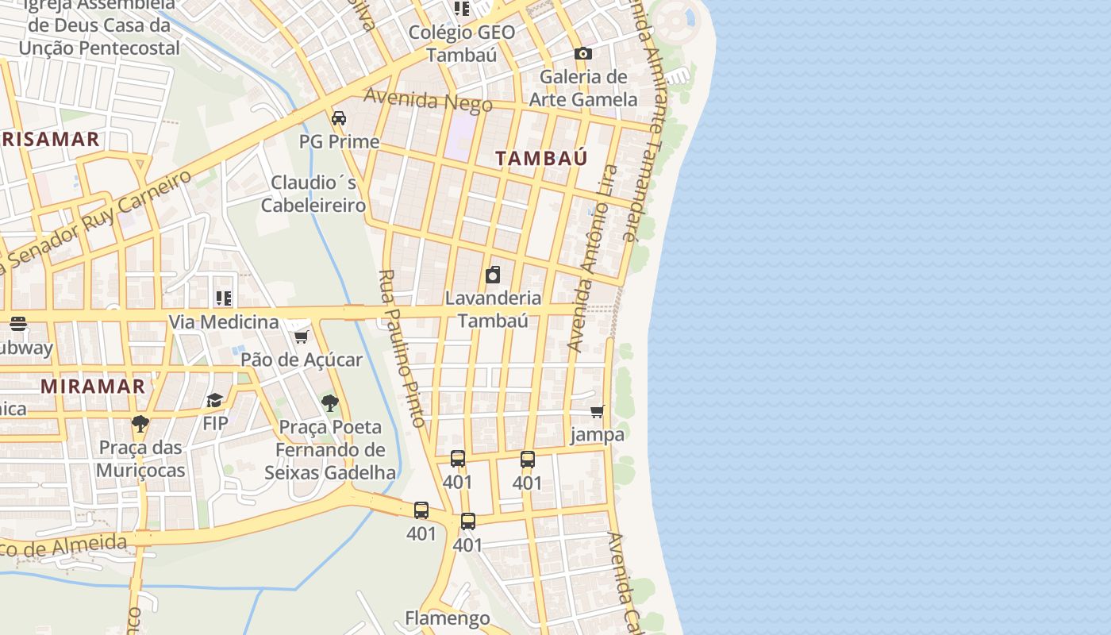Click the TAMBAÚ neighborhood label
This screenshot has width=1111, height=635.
click(541, 158)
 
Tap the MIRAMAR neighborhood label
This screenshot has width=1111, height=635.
click(93, 387)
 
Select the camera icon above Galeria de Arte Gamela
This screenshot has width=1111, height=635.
click(583, 53)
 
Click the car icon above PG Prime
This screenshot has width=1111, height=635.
click(339, 118)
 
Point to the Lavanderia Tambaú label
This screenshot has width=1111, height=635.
click(493, 309)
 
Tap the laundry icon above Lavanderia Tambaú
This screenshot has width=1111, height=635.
click(493, 275)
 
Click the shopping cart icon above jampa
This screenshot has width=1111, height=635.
click(598, 411)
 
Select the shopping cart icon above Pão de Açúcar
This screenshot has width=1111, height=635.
click(301, 337)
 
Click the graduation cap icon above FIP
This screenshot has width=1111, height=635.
click(214, 400)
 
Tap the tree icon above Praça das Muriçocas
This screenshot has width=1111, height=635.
click(140, 423)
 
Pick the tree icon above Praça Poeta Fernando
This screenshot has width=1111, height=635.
click(330, 403)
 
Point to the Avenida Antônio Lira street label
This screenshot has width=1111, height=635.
click(593, 258)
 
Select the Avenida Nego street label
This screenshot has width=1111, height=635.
click(428, 100)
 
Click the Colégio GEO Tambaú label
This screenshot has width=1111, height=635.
click(461, 43)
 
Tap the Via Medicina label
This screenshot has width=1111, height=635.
click(223, 322)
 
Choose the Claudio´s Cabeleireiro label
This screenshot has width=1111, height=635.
click(313, 194)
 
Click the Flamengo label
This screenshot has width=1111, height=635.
click(448, 618)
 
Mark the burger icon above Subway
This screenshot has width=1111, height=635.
click(17, 324)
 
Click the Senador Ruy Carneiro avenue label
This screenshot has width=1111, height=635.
click(99, 221)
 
